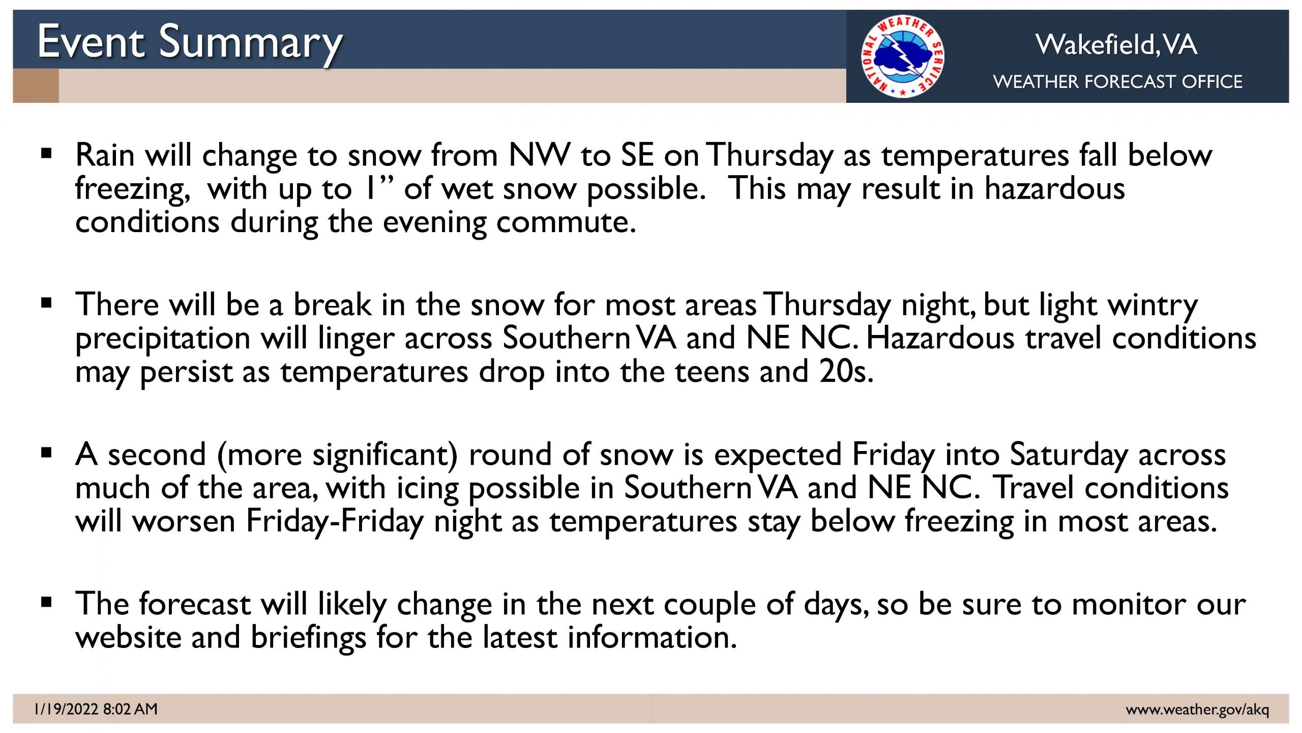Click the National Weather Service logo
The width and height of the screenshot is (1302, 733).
pos(903,57)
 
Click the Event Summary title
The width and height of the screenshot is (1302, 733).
pos(190,44)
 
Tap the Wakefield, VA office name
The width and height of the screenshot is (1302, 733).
pos(1116,44)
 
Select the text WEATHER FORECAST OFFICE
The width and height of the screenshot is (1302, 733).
pos(1118,81)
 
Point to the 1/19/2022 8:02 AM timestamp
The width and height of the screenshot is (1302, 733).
pos(96,709)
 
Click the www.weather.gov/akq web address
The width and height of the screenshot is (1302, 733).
pos(1198,710)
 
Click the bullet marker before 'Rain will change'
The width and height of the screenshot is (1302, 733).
pos(47,153)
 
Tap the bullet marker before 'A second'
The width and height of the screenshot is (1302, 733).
pos(47,453)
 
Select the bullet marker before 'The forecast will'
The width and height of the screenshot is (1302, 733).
pos(47,603)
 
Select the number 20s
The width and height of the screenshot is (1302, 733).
pos(846,372)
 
